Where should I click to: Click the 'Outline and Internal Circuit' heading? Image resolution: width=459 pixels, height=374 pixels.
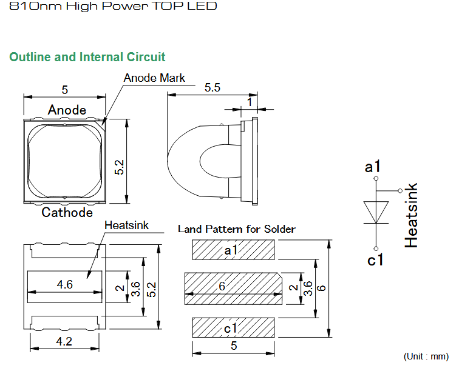[x=87, y=57]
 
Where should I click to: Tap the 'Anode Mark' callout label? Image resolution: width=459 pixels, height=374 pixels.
[x=154, y=78]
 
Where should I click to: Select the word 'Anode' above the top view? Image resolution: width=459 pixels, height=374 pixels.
[x=67, y=110]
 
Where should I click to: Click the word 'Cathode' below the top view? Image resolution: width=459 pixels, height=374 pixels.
[x=67, y=212]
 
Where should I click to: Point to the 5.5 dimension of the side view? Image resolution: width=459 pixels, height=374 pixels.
[x=212, y=87]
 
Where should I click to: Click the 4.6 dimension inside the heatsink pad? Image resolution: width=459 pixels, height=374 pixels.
[x=65, y=284]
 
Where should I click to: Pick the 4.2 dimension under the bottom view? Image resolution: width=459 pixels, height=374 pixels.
[x=64, y=341]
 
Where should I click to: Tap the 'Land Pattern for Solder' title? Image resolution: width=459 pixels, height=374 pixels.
[x=237, y=229]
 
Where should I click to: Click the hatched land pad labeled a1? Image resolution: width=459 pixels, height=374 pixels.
[x=233, y=250]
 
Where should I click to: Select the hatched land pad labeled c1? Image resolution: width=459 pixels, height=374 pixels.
[x=233, y=327]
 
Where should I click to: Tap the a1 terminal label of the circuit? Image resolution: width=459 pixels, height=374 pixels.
[x=372, y=167]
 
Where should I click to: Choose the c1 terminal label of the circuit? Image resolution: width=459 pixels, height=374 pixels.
[x=375, y=260]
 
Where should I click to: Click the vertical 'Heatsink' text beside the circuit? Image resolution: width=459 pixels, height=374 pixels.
[x=411, y=215]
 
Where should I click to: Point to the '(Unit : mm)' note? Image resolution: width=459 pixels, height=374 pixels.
[x=426, y=356]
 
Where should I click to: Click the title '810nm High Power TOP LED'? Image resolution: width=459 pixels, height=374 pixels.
[x=114, y=6]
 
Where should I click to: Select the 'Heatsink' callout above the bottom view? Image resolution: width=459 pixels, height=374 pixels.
[x=126, y=225]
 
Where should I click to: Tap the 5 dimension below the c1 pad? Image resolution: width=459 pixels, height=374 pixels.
[x=234, y=346]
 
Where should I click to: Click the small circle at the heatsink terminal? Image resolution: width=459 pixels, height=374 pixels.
[x=400, y=191]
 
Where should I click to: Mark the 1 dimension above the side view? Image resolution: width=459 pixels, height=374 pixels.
[x=250, y=102]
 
